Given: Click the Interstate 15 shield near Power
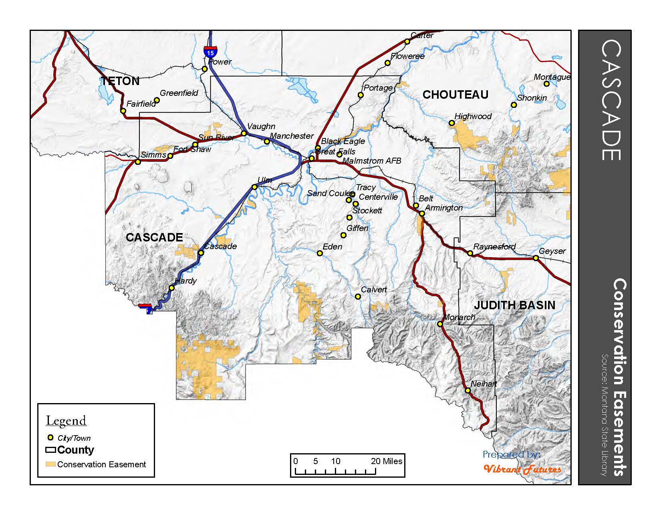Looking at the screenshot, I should [210, 51].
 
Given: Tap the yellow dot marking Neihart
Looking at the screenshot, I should [468, 390].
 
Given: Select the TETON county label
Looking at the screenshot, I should [120, 81].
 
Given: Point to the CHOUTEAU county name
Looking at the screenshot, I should [455, 95].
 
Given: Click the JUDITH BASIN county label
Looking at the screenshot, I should [514, 305].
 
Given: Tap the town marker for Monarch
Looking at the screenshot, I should [439, 324].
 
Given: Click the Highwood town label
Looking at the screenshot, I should [473, 116].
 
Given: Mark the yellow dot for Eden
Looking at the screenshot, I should [320, 253].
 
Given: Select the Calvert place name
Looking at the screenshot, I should [374, 290].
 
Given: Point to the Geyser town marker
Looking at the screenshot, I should [536, 258].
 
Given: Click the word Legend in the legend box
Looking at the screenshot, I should [66, 421].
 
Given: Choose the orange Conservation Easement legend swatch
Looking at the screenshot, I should [50, 464].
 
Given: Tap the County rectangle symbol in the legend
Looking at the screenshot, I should [50, 450].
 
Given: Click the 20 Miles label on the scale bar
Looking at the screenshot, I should [386, 461].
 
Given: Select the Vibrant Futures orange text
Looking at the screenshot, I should [522, 469].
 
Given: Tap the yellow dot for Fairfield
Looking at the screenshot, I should [123, 111].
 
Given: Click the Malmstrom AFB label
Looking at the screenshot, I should [372, 161].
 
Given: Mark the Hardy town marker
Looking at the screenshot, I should [171, 288].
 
